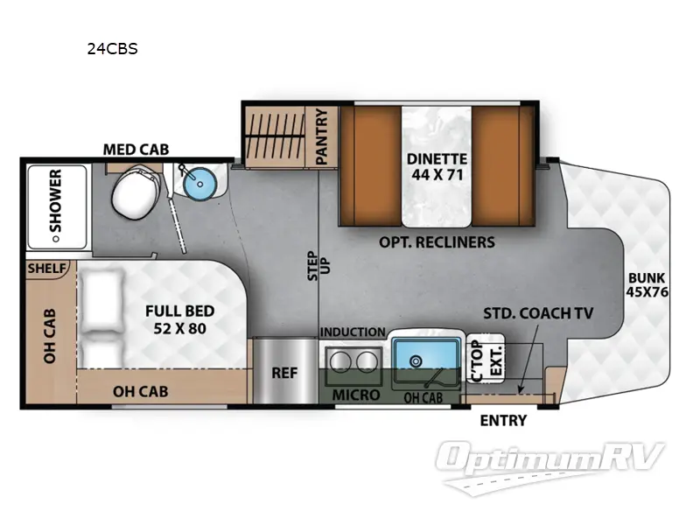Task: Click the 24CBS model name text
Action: [x=112, y=49]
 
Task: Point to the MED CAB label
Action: [x=136, y=149]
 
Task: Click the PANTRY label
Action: [x=321, y=136]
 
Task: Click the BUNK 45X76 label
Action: [x=647, y=286]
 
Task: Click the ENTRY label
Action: [x=503, y=420]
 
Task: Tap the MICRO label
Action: [x=356, y=395]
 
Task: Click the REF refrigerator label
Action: [x=284, y=372]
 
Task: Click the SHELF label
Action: [x=46, y=268]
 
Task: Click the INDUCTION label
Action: [x=352, y=332]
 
